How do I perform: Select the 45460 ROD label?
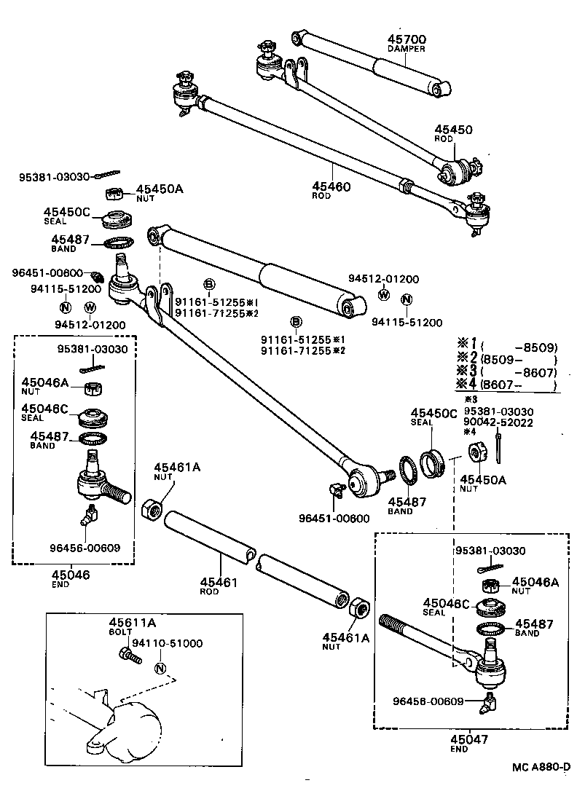click(x=331, y=187)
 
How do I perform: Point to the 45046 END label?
click(x=71, y=575)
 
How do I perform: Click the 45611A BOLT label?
click(x=133, y=623)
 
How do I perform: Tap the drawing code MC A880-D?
click(x=541, y=767)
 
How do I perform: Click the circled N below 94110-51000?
click(x=160, y=669)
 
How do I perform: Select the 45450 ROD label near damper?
click(x=453, y=131)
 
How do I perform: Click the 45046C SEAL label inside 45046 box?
click(x=45, y=409)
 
